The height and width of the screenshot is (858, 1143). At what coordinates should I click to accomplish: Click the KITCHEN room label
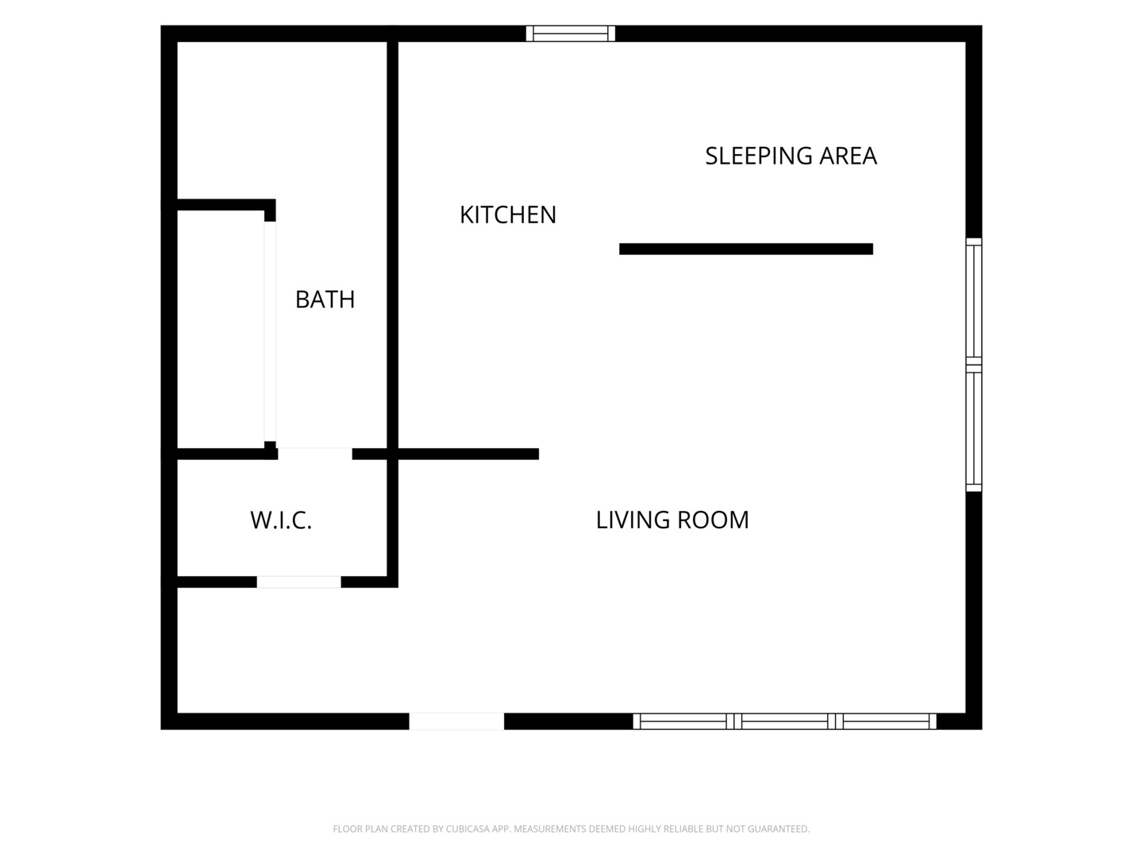pos(508,215)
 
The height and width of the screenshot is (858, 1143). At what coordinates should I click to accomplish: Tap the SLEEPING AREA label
pos(791,157)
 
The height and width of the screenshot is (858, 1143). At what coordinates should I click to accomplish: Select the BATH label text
pos(325,300)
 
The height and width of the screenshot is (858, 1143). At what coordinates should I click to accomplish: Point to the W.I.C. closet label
pos(281,520)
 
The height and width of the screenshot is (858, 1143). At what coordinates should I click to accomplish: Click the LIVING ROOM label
pos(672,520)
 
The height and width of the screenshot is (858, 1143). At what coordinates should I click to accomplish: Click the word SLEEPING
pos(758,157)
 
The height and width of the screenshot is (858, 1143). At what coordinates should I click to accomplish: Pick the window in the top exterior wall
pos(570,33)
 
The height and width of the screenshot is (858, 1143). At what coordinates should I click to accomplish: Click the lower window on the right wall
pos(974,428)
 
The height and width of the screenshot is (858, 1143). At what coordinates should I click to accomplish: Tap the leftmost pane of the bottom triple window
pos(683,721)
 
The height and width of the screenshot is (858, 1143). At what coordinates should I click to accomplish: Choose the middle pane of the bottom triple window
pos(785,721)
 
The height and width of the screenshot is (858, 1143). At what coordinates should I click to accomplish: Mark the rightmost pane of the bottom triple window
pos(886,721)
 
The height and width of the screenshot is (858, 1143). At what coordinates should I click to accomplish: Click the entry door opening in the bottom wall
pos(456,721)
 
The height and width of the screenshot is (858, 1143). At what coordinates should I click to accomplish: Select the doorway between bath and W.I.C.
pos(315,454)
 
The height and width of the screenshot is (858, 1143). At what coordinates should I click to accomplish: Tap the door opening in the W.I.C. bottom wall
pos(299,582)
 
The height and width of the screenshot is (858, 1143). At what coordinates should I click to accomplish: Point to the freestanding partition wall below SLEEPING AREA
pos(746,249)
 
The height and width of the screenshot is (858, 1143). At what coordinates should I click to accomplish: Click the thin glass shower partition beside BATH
pos(270,331)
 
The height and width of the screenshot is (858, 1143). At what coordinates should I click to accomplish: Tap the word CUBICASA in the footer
pos(467,829)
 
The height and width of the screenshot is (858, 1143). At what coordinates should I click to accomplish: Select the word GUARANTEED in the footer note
pos(779,829)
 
